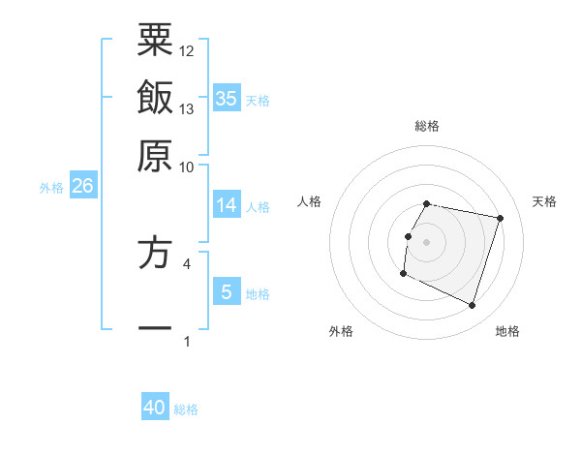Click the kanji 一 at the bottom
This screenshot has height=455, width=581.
click(155, 329)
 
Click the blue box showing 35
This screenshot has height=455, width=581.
click(227, 98)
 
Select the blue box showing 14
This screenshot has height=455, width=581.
click(227, 205)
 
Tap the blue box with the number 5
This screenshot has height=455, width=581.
click(227, 292)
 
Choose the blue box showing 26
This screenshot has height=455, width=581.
click(82, 187)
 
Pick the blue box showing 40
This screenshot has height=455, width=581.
click(155, 408)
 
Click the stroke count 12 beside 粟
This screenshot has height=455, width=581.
click(187, 49)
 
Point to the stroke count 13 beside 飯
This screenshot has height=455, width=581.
click(187, 108)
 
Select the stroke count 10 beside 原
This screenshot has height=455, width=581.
click(187, 167)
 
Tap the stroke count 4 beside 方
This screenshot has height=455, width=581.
click(187, 262)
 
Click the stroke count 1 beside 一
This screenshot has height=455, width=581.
click(187, 341)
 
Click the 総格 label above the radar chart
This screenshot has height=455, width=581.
click(427, 126)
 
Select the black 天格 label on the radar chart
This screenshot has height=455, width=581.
click(545, 201)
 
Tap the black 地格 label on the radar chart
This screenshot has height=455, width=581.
click(507, 331)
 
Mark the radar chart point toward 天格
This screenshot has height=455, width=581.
click(500, 219)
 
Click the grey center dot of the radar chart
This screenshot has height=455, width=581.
click(427, 241)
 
